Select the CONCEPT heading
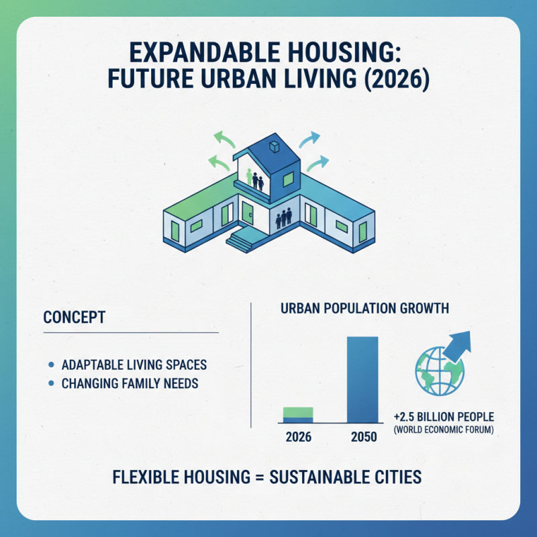[74, 317]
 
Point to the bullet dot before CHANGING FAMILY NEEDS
[52, 385]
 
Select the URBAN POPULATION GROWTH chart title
[364, 309]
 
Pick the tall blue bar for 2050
[362, 379]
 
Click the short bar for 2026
[298, 415]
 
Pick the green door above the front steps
[248, 215]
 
